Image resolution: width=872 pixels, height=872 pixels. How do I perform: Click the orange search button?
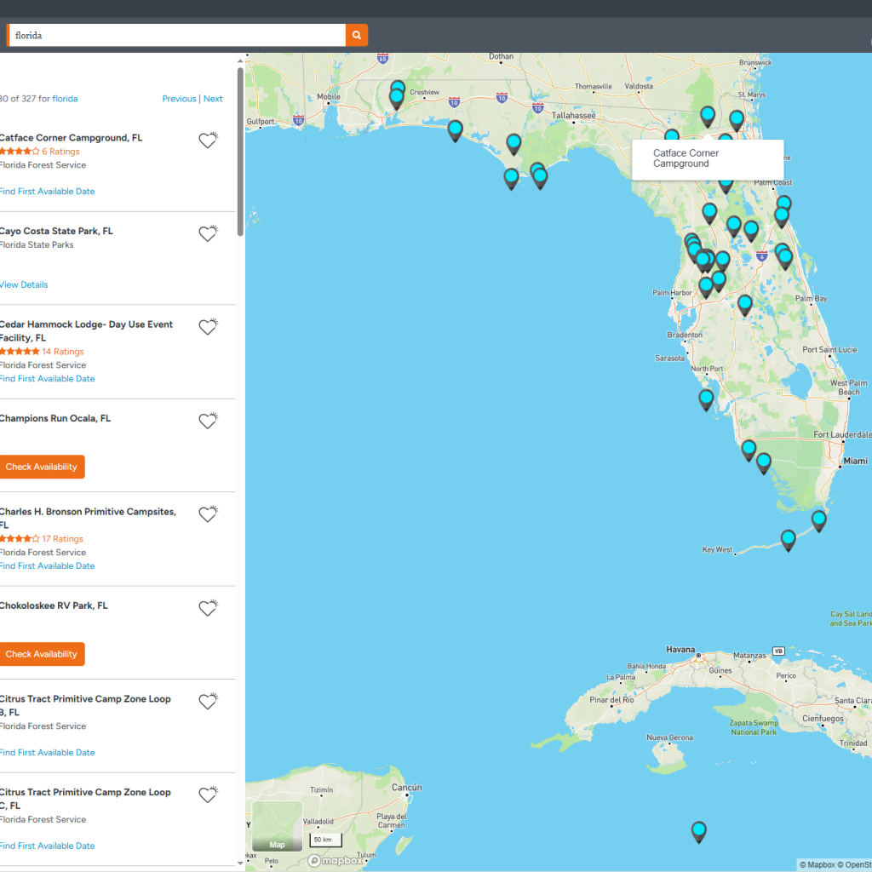pyautogui.click(x=357, y=35)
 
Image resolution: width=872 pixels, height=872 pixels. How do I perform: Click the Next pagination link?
pyautogui.click(x=213, y=99)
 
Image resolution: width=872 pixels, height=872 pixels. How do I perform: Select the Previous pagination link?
pyautogui.click(x=179, y=99)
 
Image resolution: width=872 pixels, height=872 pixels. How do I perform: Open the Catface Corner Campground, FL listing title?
pyautogui.click(x=71, y=138)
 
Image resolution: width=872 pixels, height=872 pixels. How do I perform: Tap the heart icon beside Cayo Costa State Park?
pyautogui.click(x=208, y=233)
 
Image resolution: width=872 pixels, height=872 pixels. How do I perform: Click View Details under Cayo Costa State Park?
pyautogui.click(x=24, y=284)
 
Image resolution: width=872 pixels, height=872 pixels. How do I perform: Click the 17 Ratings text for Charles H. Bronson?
pyautogui.click(x=62, y=539)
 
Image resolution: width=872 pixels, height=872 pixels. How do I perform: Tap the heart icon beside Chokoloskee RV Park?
pyautogui.click(x=208, y=608)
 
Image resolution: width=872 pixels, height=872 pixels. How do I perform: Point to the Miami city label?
pyautogui.click(x=855, y=461)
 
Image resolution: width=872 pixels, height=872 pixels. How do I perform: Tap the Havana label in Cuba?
pyautogui.click(x=680, y=650)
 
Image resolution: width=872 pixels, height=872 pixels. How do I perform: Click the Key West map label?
pyautogui.click(x=717, y=550)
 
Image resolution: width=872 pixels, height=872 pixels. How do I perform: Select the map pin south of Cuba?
pyautogui.click(x=699, y=831)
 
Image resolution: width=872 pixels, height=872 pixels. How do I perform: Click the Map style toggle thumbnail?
pyautogui.click(x=277, y=826)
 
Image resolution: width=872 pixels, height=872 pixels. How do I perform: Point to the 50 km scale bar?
pyautogui.click(x=324, y=840)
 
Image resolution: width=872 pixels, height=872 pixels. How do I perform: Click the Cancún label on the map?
pyautogui.click(x=406, y=788)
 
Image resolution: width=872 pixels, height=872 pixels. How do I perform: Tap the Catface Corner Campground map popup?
pyautogui.click(x=707, y=159)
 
